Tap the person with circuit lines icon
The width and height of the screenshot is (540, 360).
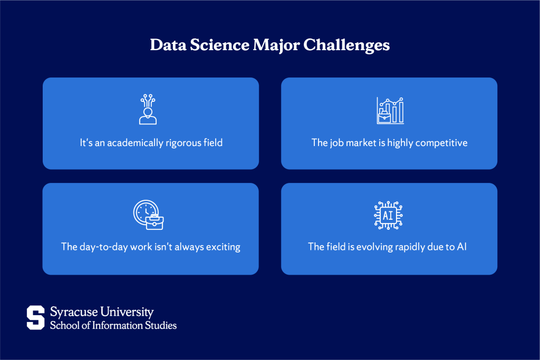tap(148, 110)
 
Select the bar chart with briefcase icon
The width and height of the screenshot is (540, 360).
tap(390, 110)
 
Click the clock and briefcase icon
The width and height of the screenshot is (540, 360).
tap(148, 215)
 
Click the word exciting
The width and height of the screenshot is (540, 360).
tap(221, 247)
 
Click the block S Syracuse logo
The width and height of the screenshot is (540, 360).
tap(36, 317)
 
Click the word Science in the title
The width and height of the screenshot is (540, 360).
tap(216, 46)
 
